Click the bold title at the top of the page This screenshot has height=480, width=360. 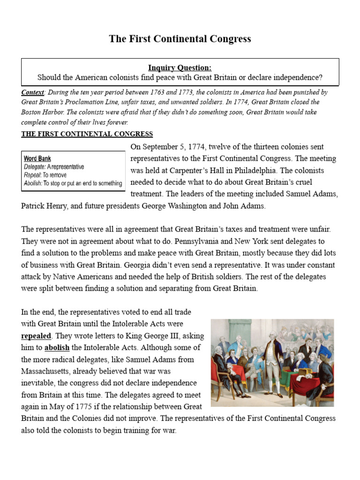pyautogui.click(x=180, y=39)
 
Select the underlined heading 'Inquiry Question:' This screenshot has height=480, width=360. pyautogui.click(x=180, y=68)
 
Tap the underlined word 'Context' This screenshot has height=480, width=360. pyautogui.click(x=33, y=92)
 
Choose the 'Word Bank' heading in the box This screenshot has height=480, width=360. pyautogui.click(x=37, y=158)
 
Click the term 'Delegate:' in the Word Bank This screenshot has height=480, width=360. pyautogui.click(x=35, y=166)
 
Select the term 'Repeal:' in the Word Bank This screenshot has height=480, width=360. pyautogui.click(x=33, y=174)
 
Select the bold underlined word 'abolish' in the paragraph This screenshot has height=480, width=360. pyautogui.click(x=57, y=348)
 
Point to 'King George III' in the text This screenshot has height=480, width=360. pyautogui.click(x=134, y=336)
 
